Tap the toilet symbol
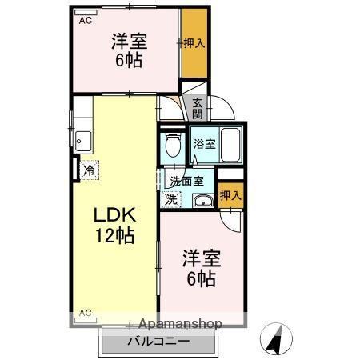[171, 146]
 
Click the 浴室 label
[203, 145]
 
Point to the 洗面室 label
[186, 181]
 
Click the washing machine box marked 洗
[170, 198]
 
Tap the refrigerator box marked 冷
[90, 170]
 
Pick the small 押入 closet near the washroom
[230, 194]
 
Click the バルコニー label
[158, 342]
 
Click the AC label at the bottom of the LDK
[85, 313]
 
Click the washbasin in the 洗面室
[202, 199]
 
